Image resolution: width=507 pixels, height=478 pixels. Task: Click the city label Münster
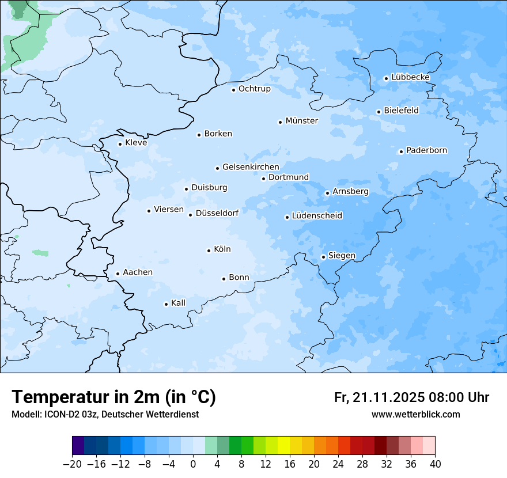tap(301, 121)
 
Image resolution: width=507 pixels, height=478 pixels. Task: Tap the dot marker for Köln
tap(209, 251)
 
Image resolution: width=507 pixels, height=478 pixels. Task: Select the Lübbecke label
tap(410, 77)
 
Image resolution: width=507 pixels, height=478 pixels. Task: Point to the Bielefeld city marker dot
tap(379, 112)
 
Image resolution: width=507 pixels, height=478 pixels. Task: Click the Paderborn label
tap(426, 150)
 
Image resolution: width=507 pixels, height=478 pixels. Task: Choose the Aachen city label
tap(138, 272)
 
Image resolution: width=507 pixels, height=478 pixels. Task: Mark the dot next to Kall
tap(167, 304)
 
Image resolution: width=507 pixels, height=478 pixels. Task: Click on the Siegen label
tap(342, 256)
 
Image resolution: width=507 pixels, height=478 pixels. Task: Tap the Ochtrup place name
tap(254, 89)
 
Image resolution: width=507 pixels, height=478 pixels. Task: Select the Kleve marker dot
tap(120, 144)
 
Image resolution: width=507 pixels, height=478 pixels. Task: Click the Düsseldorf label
tap(217, 213)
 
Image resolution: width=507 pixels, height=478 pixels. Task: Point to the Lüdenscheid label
tap(317, 216)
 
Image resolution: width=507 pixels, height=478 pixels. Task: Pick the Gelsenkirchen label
tap(251, 167)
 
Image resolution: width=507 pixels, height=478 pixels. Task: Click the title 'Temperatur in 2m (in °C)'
tap(114, 397)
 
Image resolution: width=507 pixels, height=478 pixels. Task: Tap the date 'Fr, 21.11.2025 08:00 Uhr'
tap(411, 397)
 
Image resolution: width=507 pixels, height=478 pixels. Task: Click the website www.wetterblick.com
tap(415, 414)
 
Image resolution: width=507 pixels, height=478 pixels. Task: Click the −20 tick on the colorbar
tap(73, 464)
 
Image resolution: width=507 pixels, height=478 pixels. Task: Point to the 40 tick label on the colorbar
tap(435, 464)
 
